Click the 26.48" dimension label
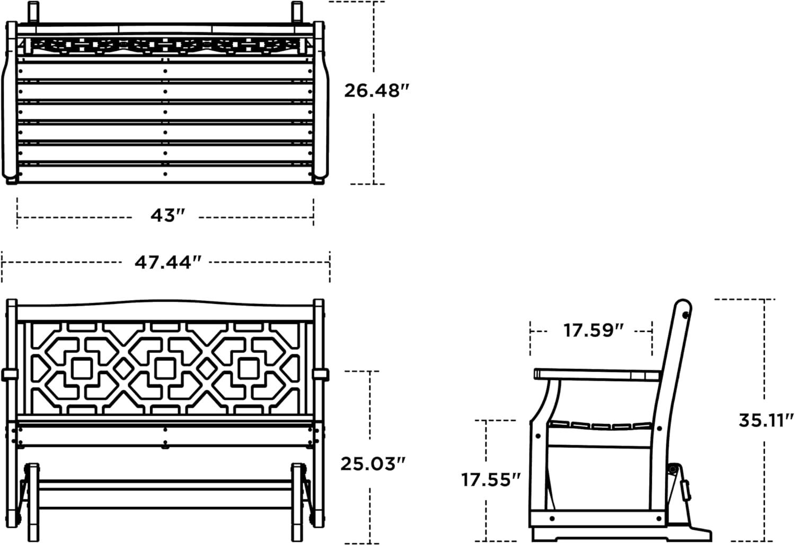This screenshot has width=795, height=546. pos(376,91)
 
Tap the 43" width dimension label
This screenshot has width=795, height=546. pos(167,215)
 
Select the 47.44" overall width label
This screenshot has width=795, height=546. pos(167,262)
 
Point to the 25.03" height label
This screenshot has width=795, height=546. pos(373,464)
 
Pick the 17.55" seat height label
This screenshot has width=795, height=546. pos(490,480)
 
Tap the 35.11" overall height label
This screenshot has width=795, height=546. pos(766,421)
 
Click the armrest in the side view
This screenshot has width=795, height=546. pos(597,375)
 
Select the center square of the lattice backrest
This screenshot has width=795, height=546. pos(165,369)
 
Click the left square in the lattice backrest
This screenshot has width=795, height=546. pos(82,369)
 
